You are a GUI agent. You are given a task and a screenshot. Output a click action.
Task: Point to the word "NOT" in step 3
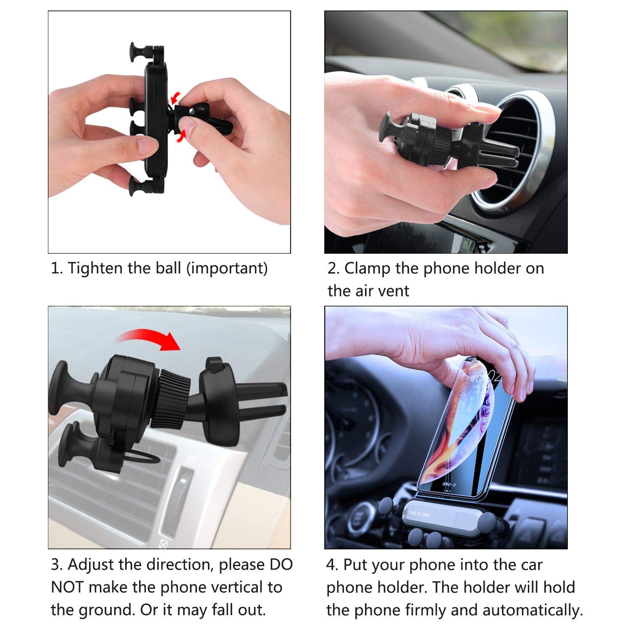pos(68,587)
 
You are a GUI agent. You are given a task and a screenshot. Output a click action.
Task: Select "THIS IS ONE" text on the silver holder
pos(419,513)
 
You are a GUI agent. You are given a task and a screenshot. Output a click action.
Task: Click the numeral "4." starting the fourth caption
pos(332,565)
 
